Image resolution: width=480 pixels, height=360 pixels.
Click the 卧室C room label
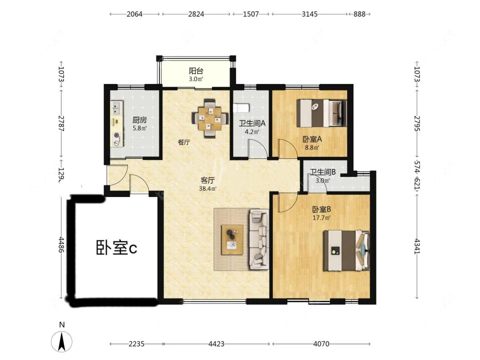(x=116, y=247)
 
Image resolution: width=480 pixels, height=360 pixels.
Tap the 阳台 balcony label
(x=196, y=71)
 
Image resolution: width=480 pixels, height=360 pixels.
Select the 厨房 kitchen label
(x=140, y=120)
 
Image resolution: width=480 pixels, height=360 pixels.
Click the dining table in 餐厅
(x=210, y=119)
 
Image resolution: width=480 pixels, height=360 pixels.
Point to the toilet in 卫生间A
(x=241, y=108)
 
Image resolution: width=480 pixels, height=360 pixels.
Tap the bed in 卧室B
(x=346, y=251)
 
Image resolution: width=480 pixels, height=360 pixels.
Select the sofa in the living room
(x=259, y=239)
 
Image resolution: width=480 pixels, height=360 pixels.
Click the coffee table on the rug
(x=233, y=240)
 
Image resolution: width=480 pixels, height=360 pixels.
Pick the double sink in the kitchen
(x=116, y=108)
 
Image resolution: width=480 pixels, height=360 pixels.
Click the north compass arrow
(x=62, y=341)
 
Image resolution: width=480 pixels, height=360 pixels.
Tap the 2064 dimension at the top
(x=135, y=14)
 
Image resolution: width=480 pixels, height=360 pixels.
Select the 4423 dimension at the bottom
(x=216, y=344)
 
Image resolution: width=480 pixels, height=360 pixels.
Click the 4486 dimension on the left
(x=61, y=244)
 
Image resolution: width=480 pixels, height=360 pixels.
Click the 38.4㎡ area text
(x=207, y=189)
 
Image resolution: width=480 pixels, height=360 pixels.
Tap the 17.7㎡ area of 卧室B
(x=321, y=218)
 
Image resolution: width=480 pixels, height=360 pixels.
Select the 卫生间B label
(x=323, y=172)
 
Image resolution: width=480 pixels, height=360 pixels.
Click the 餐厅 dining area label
(x=184, y=142)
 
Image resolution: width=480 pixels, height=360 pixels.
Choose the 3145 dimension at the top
(x=310, y=14)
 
